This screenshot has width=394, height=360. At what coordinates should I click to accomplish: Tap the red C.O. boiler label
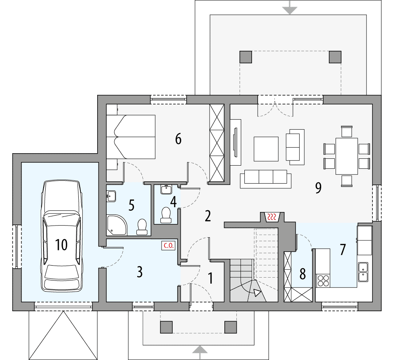[x=167, y=246]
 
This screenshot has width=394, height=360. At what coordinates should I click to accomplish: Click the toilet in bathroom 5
[x=141, y=226]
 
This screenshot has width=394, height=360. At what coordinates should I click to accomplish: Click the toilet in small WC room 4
[x=166, y=215]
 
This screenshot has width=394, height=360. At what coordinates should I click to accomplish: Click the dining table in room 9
[x=346, y=156]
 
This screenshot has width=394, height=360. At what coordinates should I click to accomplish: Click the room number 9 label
[x=318, y=188]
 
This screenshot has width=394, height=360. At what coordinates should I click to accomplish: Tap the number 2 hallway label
[x=207, y=216]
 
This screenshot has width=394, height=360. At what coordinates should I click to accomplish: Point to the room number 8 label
[x=302, y=274]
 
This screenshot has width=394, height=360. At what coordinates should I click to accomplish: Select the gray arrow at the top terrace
[x=290, y=9]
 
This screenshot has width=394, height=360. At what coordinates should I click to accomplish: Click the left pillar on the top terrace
[x=246, y=57]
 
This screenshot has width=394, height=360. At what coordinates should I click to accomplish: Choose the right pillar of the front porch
[x=230, y=327]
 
